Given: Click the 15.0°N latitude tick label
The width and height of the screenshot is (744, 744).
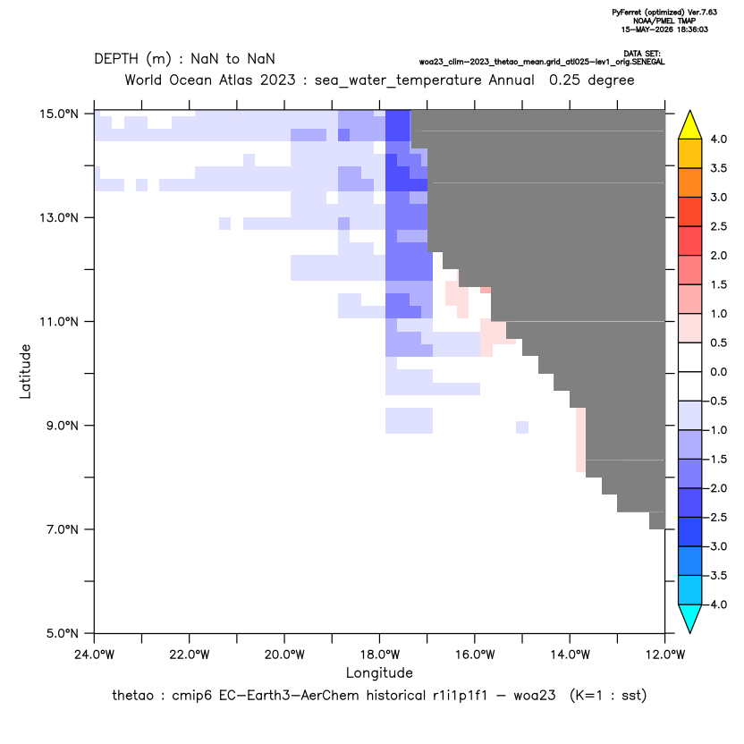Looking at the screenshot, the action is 59,114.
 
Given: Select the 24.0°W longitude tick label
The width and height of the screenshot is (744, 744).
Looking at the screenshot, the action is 95,655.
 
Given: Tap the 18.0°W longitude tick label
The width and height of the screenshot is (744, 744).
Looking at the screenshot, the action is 379,655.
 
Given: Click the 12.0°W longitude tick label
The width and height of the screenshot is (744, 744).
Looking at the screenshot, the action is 664,655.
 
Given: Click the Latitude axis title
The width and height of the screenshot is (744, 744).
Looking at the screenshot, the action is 25,371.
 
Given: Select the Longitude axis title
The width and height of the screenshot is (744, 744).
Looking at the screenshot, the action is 379,673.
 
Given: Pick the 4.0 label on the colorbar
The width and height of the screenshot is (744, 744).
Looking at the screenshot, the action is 718,139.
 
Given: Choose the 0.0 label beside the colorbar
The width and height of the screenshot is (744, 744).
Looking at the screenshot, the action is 718,372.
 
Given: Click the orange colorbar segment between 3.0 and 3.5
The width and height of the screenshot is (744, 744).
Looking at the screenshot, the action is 690,182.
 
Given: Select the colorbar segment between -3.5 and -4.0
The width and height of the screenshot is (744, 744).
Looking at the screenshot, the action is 690,590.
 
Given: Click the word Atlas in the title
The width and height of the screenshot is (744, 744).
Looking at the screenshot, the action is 236,80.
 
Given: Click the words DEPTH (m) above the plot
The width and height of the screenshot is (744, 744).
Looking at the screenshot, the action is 132,59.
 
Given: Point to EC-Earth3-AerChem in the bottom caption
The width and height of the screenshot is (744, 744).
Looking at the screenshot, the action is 289,696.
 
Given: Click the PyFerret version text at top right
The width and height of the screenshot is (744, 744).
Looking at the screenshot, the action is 664,13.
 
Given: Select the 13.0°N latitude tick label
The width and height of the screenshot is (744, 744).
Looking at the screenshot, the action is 59,218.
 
